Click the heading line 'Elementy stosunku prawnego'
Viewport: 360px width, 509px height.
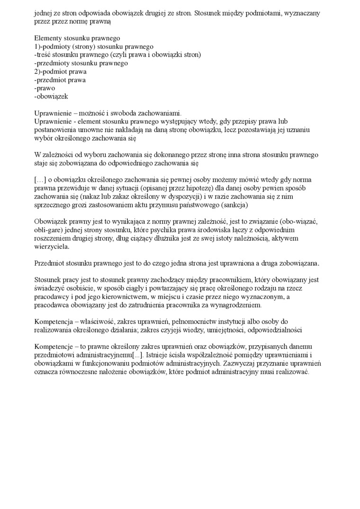(x=77, y=38)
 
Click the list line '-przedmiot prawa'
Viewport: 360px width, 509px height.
(x=60, y=80)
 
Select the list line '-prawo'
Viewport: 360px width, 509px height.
(x=45, y=88)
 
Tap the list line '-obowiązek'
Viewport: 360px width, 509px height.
(x=52, y=97)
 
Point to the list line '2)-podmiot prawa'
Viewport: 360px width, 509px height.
(x=61, y=71)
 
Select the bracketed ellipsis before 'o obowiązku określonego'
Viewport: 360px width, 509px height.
(x=40, y=180)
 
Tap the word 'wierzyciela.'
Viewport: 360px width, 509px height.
(x=52, y=247)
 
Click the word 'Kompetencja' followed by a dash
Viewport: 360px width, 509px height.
(x=54, y=321)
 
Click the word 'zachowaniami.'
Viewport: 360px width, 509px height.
(x=161, y=113)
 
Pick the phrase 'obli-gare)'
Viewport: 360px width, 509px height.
(x=50, y=230)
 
